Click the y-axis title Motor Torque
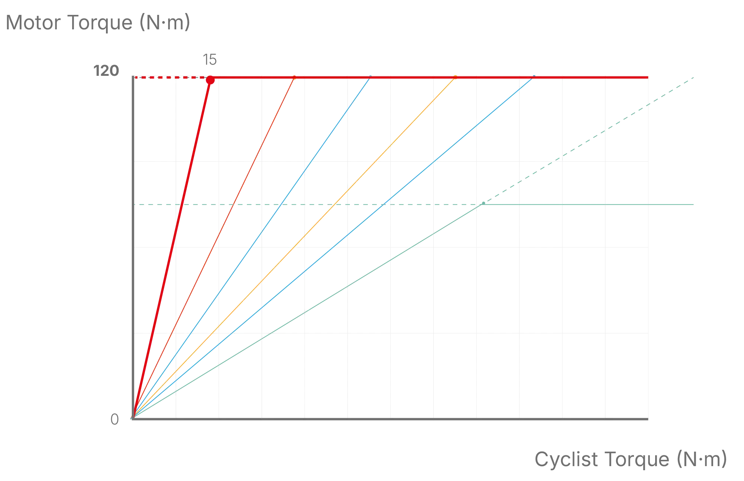[98, 23]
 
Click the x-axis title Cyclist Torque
[631, 459]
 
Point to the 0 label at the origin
[115, 420]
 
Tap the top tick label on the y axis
[106, 71]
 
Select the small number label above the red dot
[209, 59]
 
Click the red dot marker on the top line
[210, 80]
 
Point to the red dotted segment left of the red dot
[171, 78]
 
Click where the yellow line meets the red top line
[455, 78]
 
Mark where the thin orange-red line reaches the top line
[294, 78]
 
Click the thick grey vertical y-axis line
[133, 260]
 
